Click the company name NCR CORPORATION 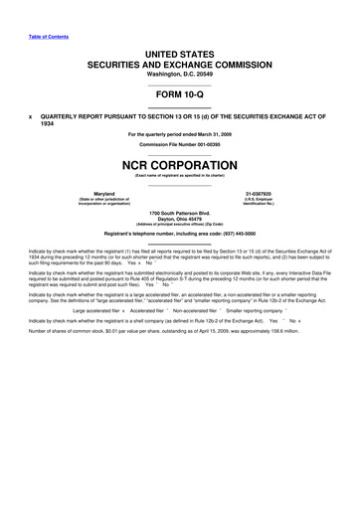pyautogui.click(x=180, y=163)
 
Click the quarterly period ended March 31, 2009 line pyautogui.click(x=180, y=134)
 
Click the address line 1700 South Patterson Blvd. pyautogui.click(x=180, y=214)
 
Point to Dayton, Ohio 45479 pyautogui.click(x=180, y=221)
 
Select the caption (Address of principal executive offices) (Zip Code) pyautogui.click(x=180, y=227)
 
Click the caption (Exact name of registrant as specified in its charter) pyautogui.click(x=180, y=175)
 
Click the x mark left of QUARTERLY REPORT pyautogui.click(x=31, y=114)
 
